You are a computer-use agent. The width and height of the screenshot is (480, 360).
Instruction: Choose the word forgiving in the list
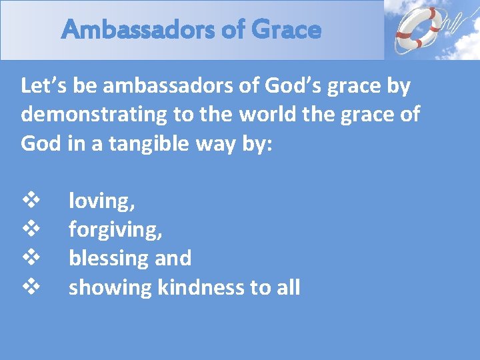[113, 230]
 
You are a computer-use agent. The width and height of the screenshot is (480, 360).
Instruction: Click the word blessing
[109, 259]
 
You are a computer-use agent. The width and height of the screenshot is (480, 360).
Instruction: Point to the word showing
[111, 287]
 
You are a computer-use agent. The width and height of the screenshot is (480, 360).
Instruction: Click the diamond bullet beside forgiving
[31, 229]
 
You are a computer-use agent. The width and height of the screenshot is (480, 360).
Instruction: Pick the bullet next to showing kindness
[31, 287]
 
